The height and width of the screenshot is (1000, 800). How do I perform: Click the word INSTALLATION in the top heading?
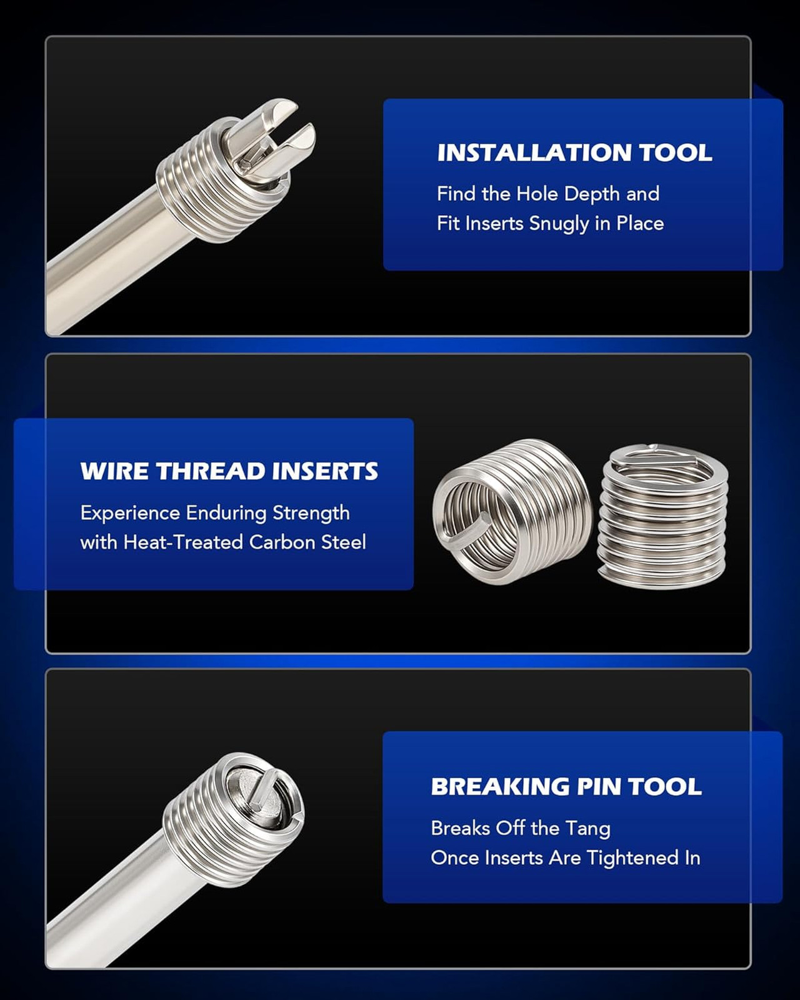coord(534,152)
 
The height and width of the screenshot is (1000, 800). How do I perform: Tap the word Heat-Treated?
coord(182,542)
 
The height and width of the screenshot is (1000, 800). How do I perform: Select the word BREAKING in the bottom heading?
coord(500,786)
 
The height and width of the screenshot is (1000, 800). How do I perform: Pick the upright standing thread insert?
coord(662,516)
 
